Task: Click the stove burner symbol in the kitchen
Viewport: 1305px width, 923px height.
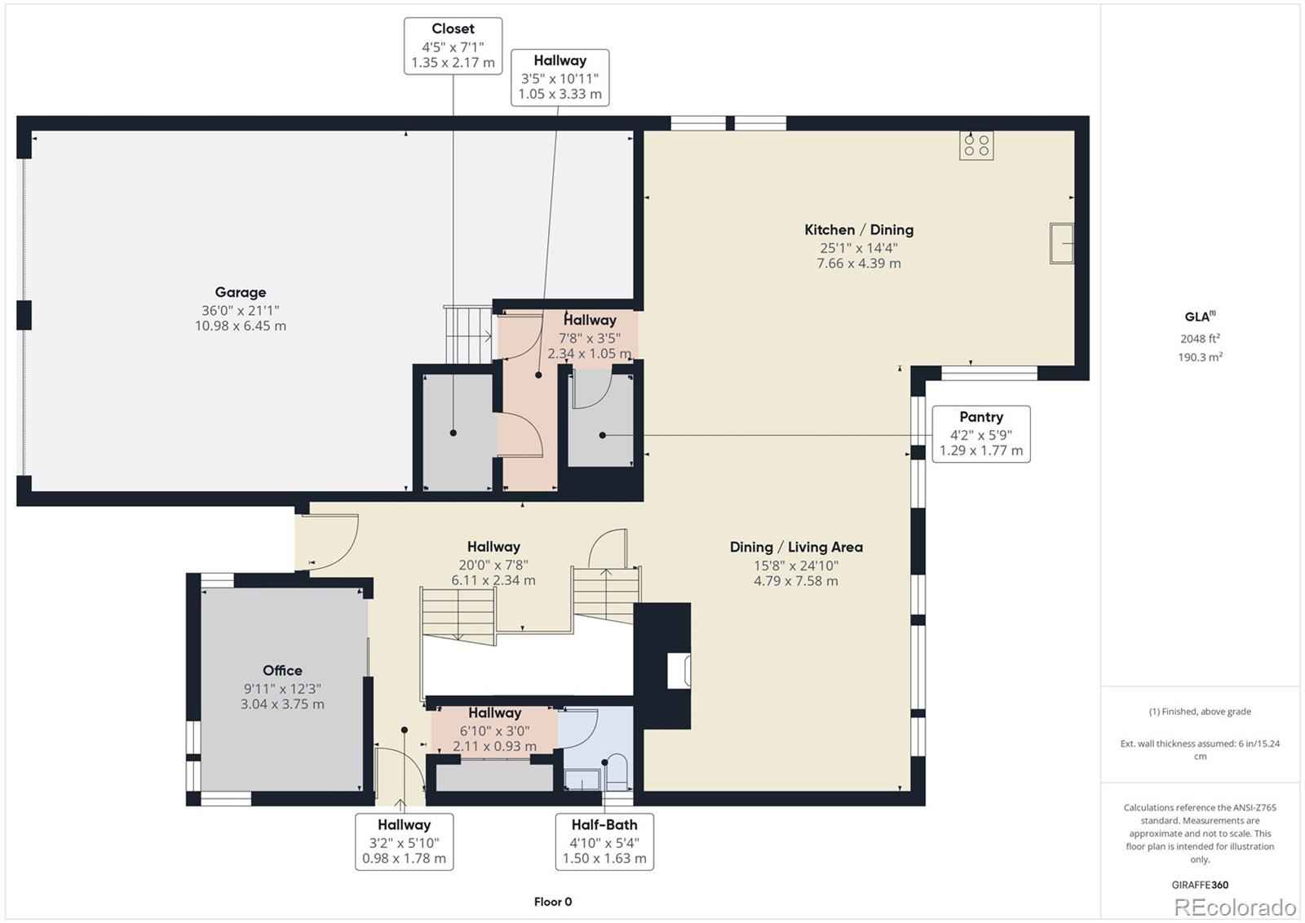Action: coord(976,145)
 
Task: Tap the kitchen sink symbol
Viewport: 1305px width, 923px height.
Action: coord(1061,243)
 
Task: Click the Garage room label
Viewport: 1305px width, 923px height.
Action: coord(241,308)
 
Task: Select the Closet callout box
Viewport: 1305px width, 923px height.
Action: coord(453,46)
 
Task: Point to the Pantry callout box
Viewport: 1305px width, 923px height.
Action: coord(980,433)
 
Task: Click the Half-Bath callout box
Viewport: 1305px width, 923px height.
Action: coord(604,841)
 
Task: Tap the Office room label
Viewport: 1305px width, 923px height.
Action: coord(282,686)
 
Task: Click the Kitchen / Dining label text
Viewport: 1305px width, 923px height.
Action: coord(859,230)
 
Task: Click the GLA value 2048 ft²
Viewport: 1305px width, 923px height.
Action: coord(1200,339)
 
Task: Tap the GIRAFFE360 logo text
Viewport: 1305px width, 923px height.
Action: coord(1200,885)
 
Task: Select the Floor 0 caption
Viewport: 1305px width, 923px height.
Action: coord(553,902)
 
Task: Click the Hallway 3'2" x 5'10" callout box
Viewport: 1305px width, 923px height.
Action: coord(404,841)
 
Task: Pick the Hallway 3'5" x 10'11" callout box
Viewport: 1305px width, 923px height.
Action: coord(560,78)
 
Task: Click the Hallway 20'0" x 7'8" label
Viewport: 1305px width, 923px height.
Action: coord(493,563)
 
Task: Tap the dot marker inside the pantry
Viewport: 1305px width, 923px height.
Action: coord(603,435)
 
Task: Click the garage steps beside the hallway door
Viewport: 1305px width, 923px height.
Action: coord(468,335)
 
